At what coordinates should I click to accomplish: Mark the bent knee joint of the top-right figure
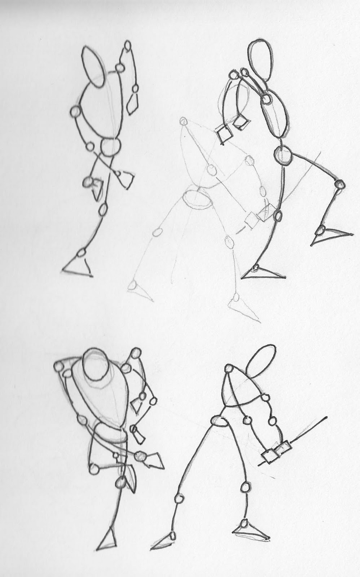point(339,184)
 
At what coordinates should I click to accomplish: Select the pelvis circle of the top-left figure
point(110,146)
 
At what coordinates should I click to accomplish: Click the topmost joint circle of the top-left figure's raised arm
point(127,45)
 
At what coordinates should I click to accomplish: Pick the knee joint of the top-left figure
point(103,208)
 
